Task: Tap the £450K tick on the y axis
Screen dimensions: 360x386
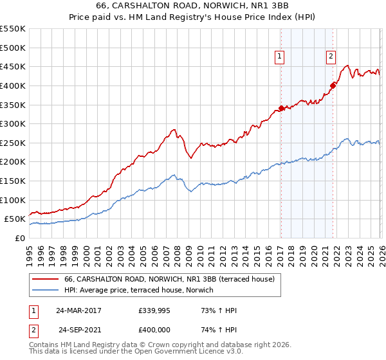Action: click(13, 66)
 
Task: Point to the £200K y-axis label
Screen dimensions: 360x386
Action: click(13, 161)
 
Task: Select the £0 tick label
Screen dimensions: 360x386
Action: click(20, 238)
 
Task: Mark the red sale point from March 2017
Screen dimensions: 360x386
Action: click(281, 108)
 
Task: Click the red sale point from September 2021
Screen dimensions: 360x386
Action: click(333, 85)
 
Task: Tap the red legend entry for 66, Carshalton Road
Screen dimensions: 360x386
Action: click(169, 279)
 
